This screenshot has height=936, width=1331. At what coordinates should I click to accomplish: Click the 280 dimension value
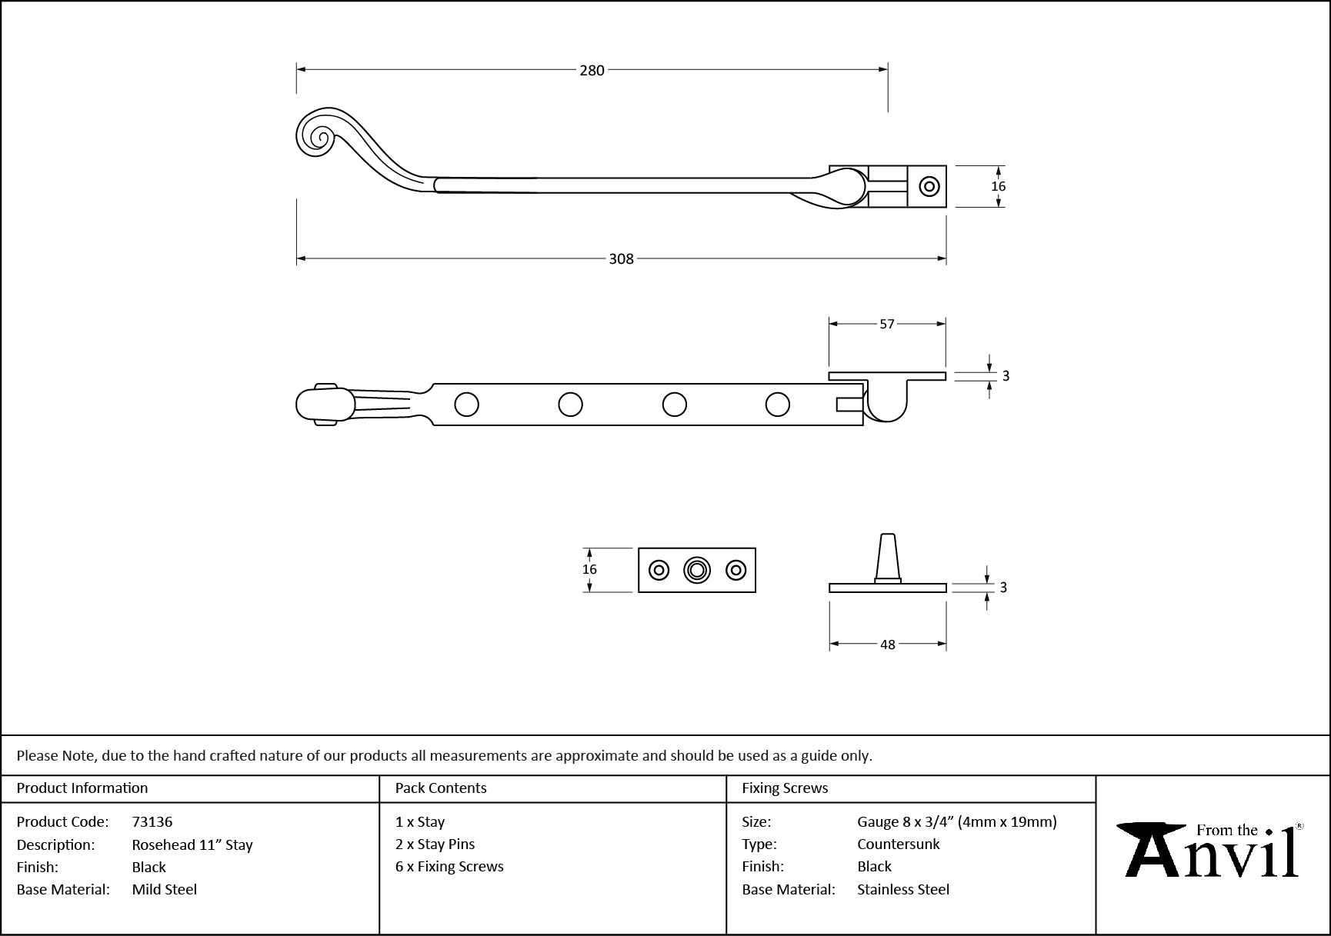[592, 70]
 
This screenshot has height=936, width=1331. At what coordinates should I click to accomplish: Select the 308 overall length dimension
[621, 259]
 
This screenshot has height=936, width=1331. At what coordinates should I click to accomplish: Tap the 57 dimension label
[887, 325]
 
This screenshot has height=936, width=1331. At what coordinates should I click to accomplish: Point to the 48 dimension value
[888, 645]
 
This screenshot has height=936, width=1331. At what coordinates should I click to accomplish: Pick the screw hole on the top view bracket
[929, 186]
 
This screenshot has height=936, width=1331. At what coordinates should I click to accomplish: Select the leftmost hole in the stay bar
[466, 404]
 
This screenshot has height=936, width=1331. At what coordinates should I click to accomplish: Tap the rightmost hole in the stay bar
[778, 404]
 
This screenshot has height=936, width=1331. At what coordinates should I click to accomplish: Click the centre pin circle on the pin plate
[697, 570]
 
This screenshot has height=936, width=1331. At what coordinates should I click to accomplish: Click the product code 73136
[152, 821]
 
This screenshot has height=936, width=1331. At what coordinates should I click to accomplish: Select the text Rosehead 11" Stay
[192, 844]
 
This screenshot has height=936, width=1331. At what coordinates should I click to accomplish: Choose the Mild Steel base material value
[165, 889]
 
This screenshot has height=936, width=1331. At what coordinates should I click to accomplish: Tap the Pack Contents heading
[441, 788]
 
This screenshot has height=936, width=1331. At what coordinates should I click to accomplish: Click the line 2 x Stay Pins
[435, 844]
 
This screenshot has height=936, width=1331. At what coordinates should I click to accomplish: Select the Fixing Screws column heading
[785, 788]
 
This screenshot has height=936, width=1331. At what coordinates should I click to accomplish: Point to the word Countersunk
[899, 844]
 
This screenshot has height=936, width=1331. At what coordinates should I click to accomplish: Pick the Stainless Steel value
[903, 889]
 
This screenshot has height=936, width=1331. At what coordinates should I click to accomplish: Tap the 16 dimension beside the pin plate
[589, 569]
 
